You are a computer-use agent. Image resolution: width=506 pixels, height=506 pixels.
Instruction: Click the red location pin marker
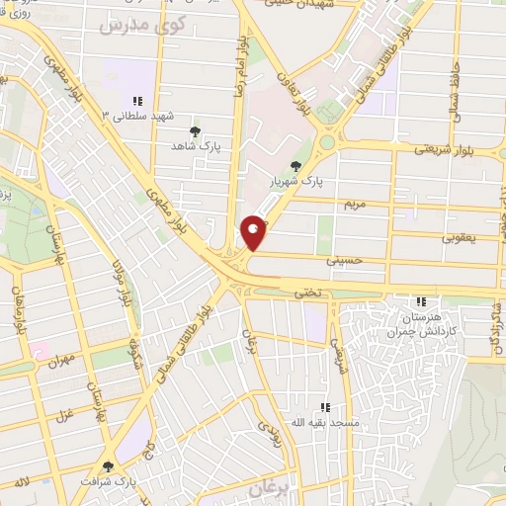[254, 233]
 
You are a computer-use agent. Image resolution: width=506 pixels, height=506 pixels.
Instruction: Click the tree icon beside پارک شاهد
[195, 129]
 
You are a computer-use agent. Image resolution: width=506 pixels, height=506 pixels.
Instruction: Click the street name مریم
[354, 204]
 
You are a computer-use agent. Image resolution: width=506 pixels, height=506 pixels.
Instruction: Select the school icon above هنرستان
[421, 301]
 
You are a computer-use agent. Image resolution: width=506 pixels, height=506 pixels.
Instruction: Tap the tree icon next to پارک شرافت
[108, 466]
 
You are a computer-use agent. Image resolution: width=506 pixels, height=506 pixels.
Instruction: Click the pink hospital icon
[42, 352]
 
